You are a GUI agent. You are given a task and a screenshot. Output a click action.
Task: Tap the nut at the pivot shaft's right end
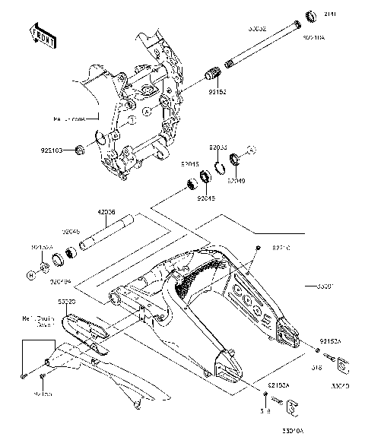(310, 16)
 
